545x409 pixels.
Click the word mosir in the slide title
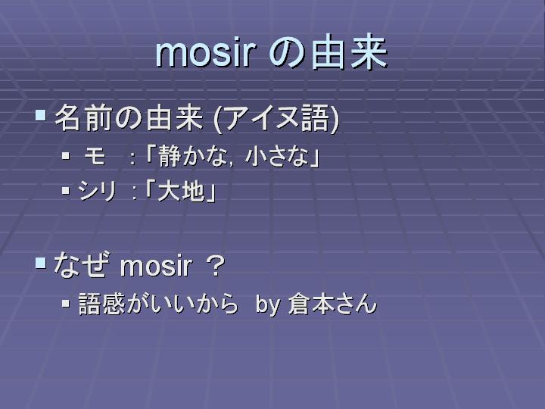tap(206, 53)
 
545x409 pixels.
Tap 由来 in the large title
tap(349, 52)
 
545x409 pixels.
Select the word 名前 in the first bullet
tap(83, 117)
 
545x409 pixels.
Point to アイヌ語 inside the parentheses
tap(276, 118)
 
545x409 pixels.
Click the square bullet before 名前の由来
tap(41, 115)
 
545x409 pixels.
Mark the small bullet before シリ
tap(66, 190)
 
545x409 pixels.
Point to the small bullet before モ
tap(66, 155)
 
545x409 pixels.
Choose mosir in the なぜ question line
tap(156, 267)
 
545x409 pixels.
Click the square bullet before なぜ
tap(41, 263)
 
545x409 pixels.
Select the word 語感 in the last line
tap(102, 304)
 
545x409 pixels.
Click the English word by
tap(268, 304)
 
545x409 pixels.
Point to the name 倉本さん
tap(332, 304)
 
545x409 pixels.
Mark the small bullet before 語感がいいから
tap(66, 303)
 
